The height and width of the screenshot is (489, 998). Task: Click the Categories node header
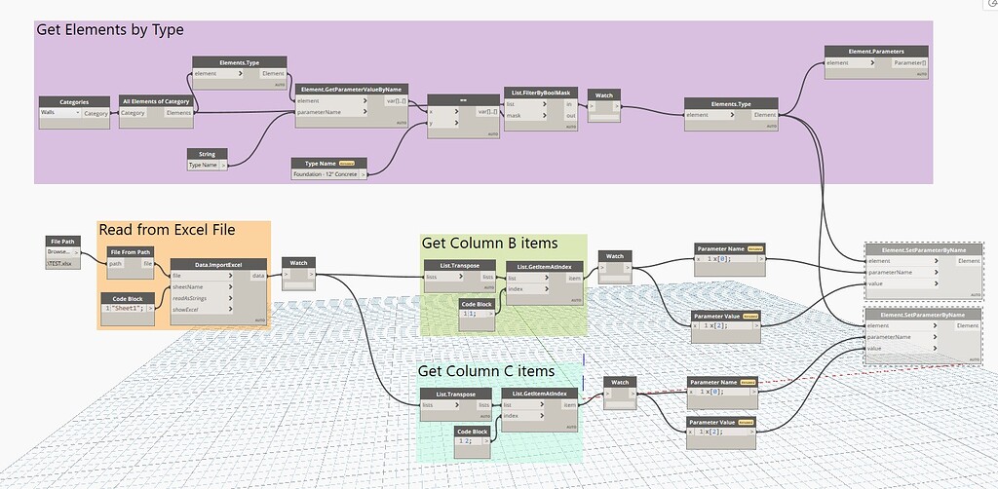tap(73, 100)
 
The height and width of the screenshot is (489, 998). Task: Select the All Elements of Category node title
tap(156, 100)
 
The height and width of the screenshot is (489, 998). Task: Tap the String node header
tap(208, 153)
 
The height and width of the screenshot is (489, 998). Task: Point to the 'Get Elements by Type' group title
tap(110, 30)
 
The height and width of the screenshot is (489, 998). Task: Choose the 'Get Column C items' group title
tap(486, 371)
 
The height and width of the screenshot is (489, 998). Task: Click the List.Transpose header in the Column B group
tap(459, 264)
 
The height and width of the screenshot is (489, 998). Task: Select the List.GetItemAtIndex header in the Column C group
tap(540, 394)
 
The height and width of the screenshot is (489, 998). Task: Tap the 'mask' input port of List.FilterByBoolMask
tap(514, 115)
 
